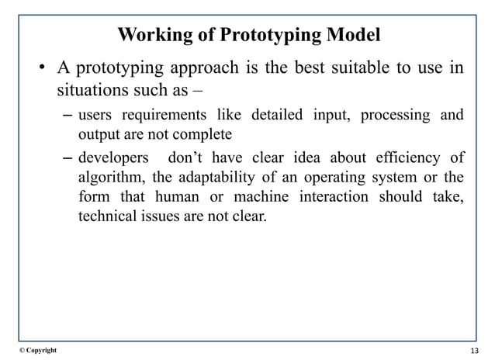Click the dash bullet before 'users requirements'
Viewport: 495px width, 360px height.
[x=67, y=117]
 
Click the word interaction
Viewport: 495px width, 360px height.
[x=346, y=197]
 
